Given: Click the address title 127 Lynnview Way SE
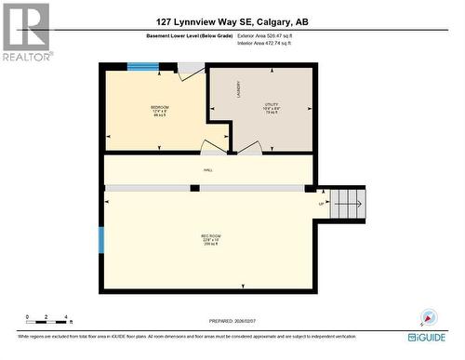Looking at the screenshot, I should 232,20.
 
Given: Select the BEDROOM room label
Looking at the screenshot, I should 160,110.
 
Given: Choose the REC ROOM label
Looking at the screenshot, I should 209,238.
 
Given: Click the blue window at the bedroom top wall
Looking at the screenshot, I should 143,66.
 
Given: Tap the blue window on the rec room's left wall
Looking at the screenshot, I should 101,239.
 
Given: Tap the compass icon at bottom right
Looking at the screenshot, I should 428,316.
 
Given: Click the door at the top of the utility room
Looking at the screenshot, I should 192,70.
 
